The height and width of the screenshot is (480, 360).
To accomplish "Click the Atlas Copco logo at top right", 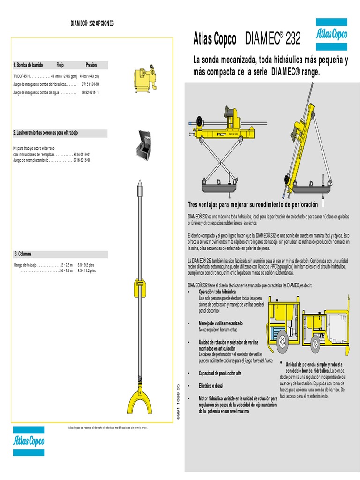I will coord(331,34).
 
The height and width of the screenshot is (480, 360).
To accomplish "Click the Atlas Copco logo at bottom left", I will coord(28,441).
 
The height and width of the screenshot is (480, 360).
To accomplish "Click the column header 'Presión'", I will coord(91,65).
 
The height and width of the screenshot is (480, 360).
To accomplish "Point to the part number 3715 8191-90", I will coord(90,84).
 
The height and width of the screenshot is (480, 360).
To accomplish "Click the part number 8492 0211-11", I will coord(90,93).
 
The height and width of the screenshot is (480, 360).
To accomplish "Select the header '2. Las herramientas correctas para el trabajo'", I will coord(45,133).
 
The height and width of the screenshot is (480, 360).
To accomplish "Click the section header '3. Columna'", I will coord(23,254).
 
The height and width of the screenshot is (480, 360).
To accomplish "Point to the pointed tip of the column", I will coord(139,185).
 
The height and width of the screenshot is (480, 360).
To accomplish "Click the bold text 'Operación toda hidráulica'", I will coord(217,292).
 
